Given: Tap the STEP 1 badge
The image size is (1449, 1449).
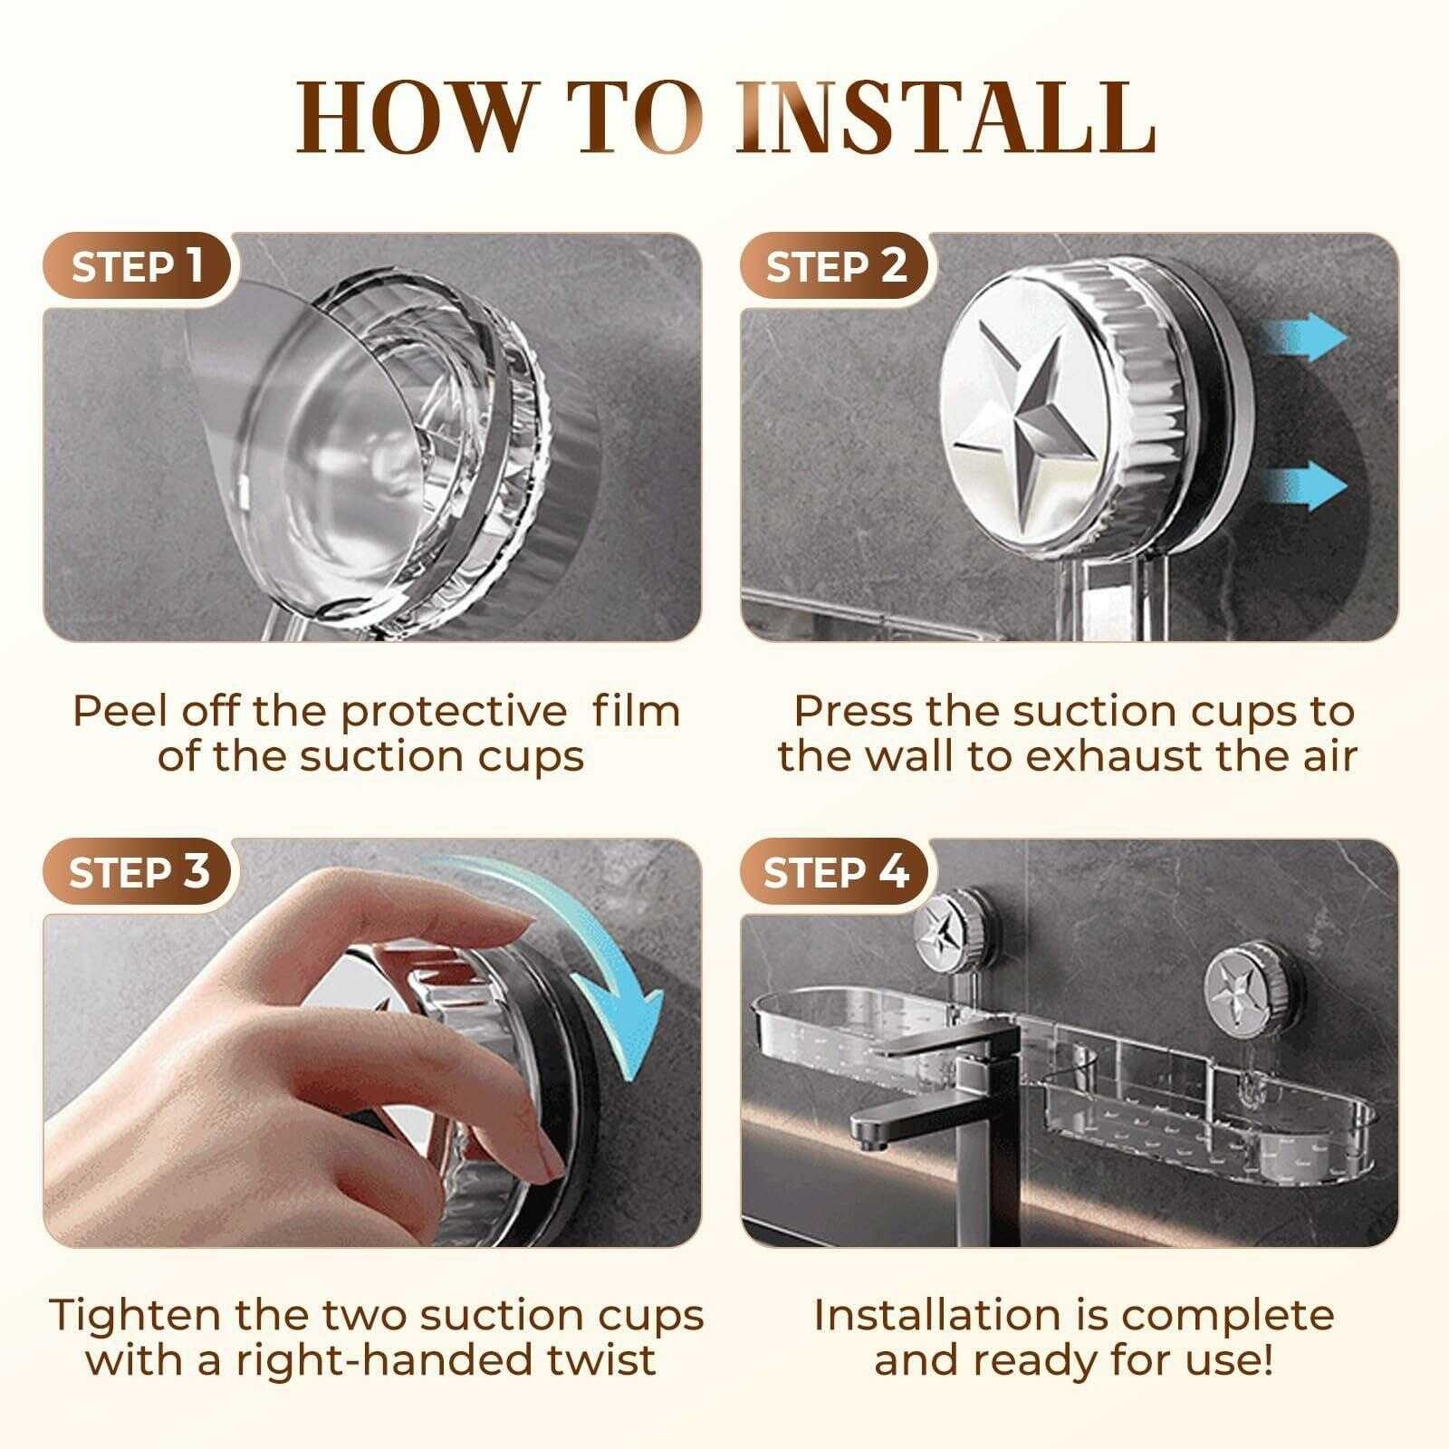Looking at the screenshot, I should (x=136, y=267).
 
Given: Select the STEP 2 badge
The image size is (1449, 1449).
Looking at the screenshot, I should (x=835, y=267).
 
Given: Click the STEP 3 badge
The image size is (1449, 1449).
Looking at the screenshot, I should (x=138, y=872).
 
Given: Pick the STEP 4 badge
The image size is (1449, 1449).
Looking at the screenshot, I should (x=835, y=872).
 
